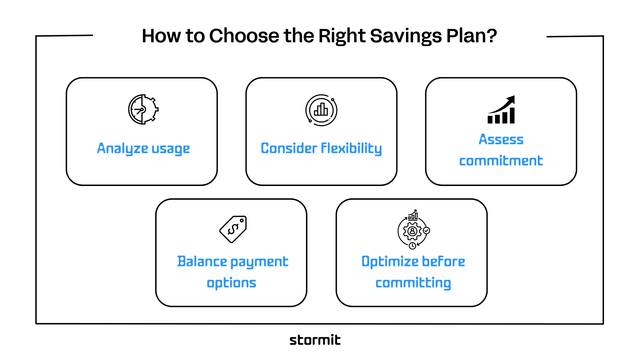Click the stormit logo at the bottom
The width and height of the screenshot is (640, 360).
[x=315, y=340]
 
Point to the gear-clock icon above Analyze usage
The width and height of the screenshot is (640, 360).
[x=143, y=109]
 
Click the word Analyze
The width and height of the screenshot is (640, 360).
[x=123, y=149]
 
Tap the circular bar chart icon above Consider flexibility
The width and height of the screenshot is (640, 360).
[x=321, y=110]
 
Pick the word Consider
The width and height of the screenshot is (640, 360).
[x=289, y=148]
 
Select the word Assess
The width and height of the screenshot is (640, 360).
[x=501, y=140]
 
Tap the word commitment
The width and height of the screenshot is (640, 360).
[x=501, y=161]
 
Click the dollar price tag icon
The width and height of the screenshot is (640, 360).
[x=233, y=229]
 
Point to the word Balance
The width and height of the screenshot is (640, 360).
[x=202, y=261]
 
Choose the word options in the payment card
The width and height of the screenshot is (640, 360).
[x=231, y=283]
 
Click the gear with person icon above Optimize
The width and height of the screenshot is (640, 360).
[x=412, y=231]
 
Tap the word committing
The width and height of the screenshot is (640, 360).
[x=413, y=283]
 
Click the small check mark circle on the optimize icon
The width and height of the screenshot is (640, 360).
[x=427, y=230]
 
